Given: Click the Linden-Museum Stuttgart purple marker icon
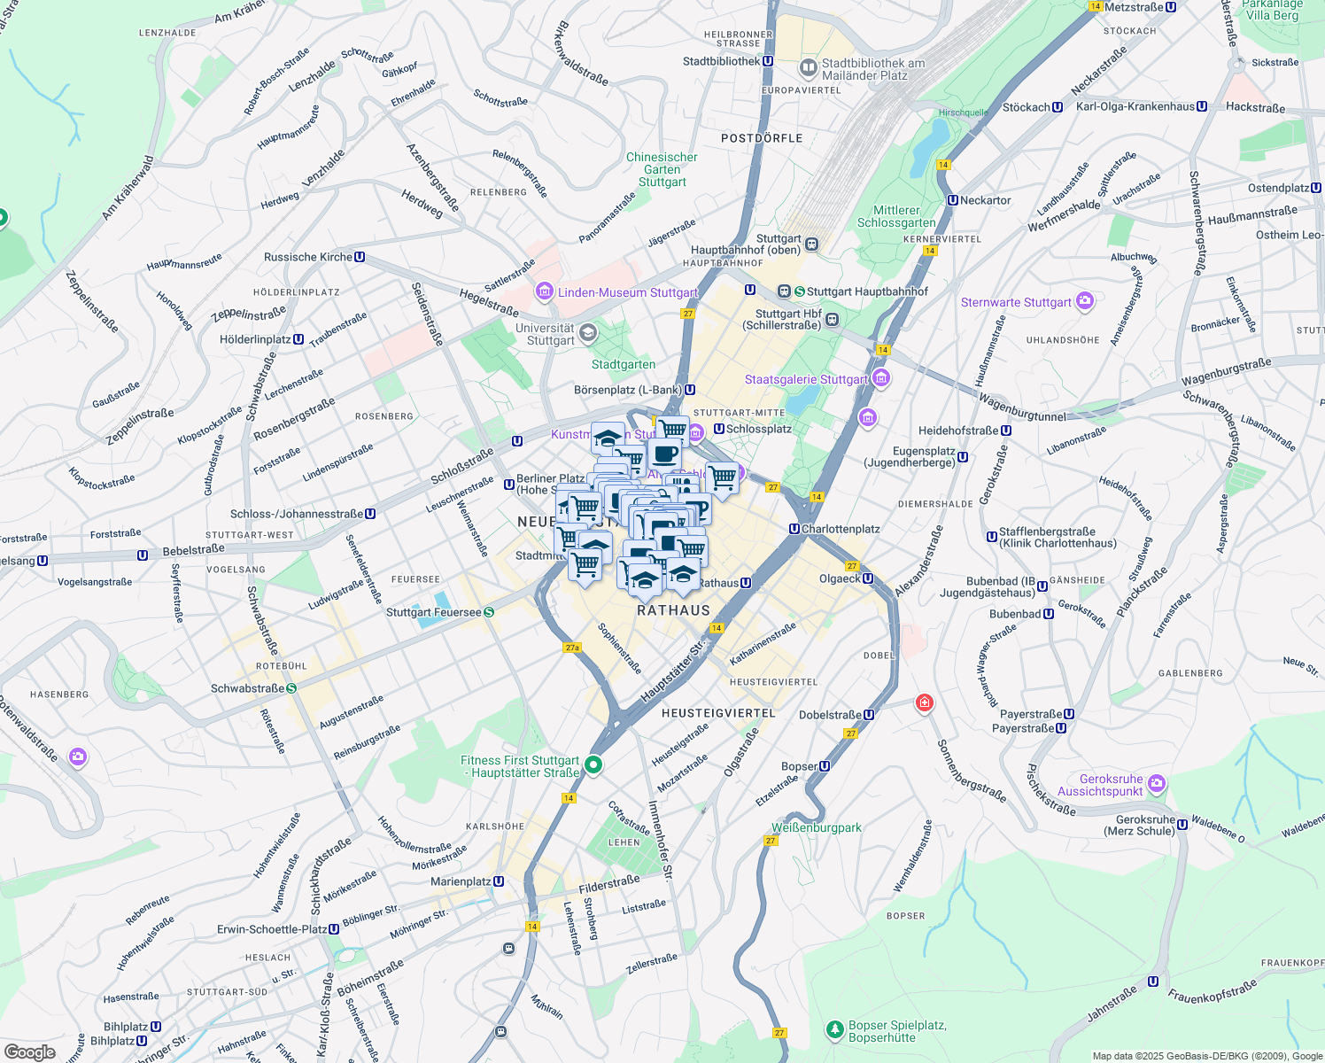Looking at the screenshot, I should coord(544,291).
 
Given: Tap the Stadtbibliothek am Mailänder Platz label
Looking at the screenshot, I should coord(872,69).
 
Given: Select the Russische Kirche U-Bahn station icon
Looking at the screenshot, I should coord(360,257).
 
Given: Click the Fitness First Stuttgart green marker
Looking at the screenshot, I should coord(594,764).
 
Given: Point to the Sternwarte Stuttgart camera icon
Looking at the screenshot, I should coord(1085,302).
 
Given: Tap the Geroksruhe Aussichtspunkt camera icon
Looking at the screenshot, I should coord(1157,784).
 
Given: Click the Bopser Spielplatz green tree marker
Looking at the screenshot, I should coord(834,1029).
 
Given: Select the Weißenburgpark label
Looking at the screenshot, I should coord(816,827).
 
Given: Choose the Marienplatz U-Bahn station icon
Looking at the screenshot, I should coord(499,881).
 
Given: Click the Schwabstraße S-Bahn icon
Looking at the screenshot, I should coord(291,688).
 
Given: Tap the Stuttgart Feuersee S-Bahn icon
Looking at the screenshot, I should coord(489,612).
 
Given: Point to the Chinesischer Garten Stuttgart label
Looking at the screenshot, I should coord(662,169).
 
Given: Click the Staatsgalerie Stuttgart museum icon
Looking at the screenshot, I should coord(880,379).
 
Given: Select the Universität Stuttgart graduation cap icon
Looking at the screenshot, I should coord(588,333).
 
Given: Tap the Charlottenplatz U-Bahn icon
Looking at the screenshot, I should coord(794,529).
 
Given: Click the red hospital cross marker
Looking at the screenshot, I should coord(925,703).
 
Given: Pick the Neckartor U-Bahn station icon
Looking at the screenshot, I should coord(953,200).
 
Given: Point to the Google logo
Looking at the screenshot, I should coord(29,1051).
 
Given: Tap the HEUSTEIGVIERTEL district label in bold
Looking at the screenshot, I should coord(718,713).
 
